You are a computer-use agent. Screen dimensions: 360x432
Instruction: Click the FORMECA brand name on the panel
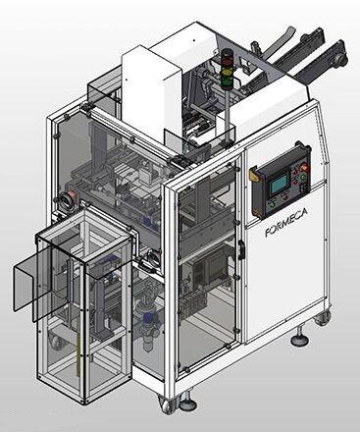coord(286,223)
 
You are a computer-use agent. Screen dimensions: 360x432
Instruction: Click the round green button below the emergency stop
coord(303,177)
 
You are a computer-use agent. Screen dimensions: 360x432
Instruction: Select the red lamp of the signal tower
coord(227,61)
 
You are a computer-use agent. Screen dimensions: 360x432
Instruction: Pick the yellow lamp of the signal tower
coord(226,70)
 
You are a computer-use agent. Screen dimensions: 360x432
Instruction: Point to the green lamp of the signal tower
coord(226,80)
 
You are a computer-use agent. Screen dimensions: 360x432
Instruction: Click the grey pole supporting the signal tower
coord(226,115)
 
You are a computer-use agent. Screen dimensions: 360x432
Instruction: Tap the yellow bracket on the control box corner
coord(253,174)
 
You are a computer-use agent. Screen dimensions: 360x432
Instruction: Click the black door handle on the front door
coord(241,250)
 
